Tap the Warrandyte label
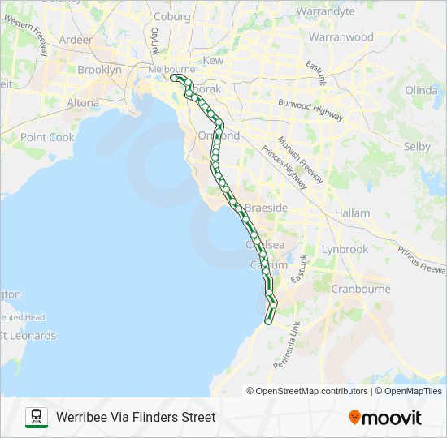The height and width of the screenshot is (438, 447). pyautogui.click(x=326, y=11)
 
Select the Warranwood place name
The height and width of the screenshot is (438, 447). pyautogui.click(x=341, y=37)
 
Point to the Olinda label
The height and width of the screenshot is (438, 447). pyautogui.click(x=421, y=90)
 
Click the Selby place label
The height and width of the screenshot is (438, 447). pyautogui.click(x=417, y=147)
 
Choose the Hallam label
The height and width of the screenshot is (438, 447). pyautogui.click(x=352, y=213)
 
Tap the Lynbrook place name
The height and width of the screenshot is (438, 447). pyautogui.click(x=345, y=250)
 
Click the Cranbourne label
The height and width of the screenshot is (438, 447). pyautogui.click(x=361, y=289)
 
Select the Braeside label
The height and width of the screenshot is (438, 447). pyautogui.click(x=267, y=208)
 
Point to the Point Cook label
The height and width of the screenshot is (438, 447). pyautogui.click(x=47, y=138)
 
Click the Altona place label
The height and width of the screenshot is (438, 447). pyautogui.click(x=83, y=103)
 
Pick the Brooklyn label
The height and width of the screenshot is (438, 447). pyautogui.click(x=99, y=70)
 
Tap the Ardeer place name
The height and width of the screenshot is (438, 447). pyautogui.click(x=76, y=39)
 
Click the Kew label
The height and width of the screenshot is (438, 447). pyautogui.click(x=213, y=61)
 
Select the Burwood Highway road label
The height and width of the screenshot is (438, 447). pyautogui.click(x=310, y=109)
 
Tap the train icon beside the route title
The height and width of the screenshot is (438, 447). pyautogui.click(x=37, y=417)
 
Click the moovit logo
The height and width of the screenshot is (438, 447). pyautogui.click(x=385, y=418)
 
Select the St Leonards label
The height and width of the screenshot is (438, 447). pyautogui.click(x=28, y=336)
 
